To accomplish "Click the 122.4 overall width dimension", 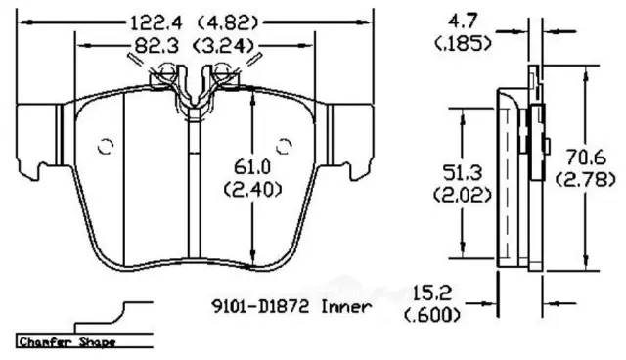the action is [x=156, y=23].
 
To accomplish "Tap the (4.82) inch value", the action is [x=229, y=23].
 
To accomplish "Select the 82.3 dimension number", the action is [x=156, y=46].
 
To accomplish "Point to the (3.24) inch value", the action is [x=224, y=46].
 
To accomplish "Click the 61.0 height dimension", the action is [x=252, y=166].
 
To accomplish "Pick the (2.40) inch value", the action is [x=252, y=189].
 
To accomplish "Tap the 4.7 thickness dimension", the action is [x=463, y=22].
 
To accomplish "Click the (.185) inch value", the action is [x=463, y=43].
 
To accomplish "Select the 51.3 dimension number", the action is [x=463, y=173].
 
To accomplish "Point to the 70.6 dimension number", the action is [x=586, y=157].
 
